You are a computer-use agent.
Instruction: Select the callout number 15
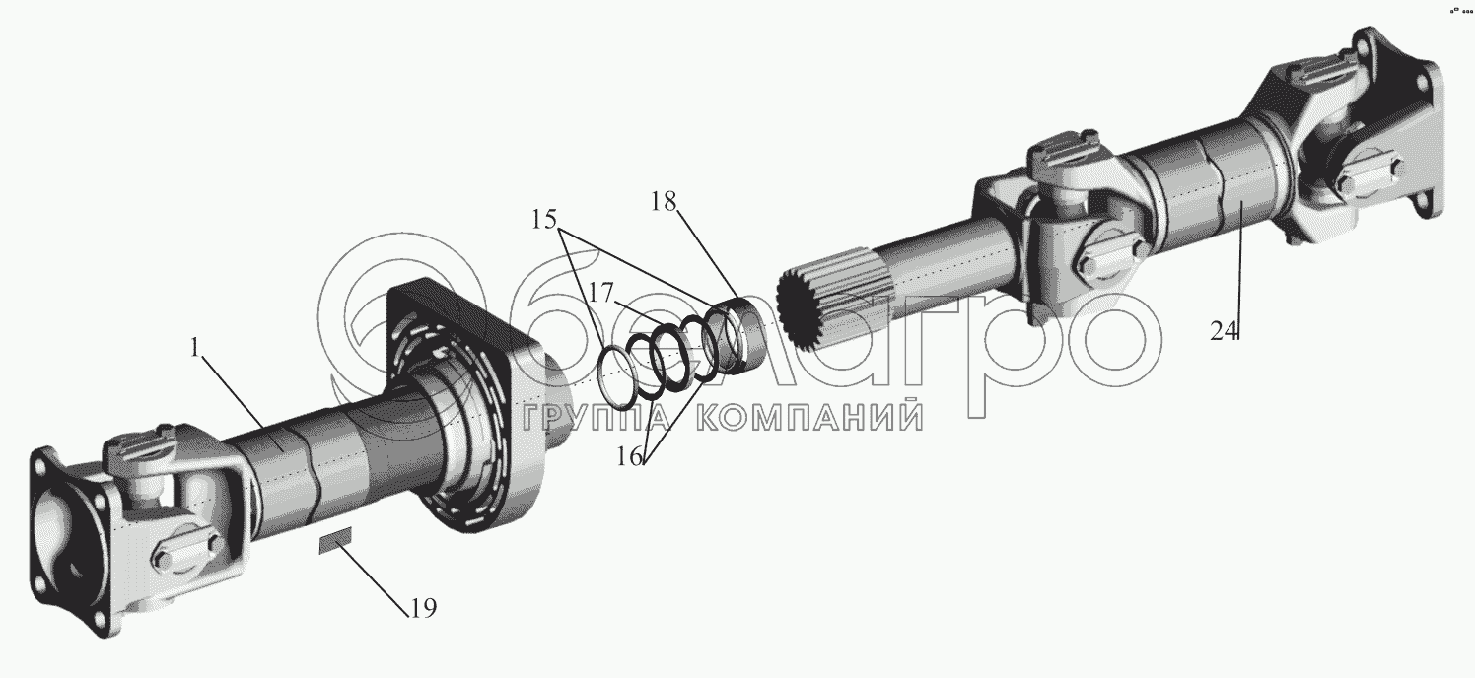(x=543, y=218)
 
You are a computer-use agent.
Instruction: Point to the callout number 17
(x=601, y=293)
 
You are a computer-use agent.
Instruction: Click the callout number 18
(x=664, y=202)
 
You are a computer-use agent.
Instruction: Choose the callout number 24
(x=1224, y=331)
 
